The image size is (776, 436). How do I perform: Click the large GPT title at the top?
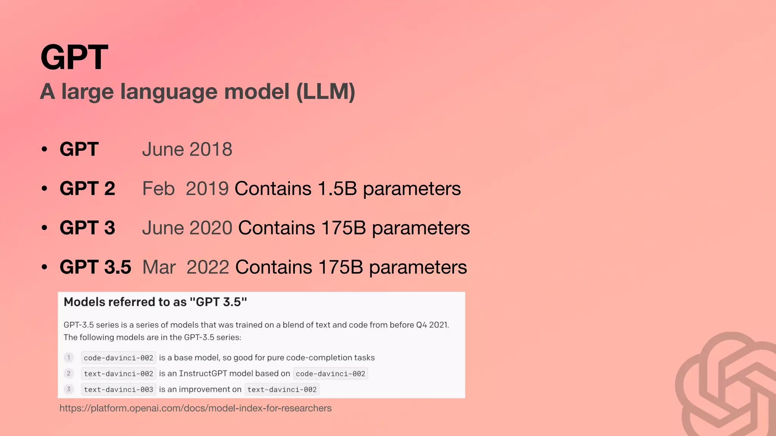point(74,57)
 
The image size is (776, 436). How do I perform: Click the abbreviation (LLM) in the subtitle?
point(325,92)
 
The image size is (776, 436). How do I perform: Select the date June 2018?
point(187,149)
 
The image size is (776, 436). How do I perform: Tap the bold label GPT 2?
point(87,188)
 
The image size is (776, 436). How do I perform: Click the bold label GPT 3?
point(87,228)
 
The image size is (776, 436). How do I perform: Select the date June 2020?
point(187,228)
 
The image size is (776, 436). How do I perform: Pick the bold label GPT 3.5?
point(95,267)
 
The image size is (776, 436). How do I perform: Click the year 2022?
point(208,267)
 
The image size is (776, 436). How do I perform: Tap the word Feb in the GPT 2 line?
point(158,188)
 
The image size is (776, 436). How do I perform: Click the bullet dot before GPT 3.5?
point(45,267)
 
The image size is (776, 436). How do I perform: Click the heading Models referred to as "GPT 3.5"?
point(155,302)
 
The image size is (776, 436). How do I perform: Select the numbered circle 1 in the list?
point(69,357)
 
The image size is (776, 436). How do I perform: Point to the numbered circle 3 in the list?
point(69,389)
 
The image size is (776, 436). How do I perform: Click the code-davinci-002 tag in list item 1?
point(118,358)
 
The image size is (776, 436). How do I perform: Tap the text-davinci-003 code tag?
point(118,389)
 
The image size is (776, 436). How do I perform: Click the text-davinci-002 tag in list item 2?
point(118,374)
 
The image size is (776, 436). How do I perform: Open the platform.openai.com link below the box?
point(196,408)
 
